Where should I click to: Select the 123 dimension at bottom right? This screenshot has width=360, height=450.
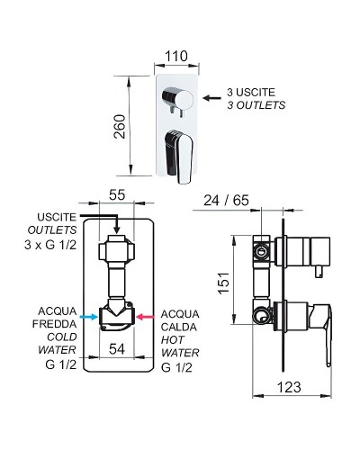tap(285, 415)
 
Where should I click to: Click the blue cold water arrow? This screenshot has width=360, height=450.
tap(87, 317)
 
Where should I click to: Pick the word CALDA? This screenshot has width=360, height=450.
tap(176, 326)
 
